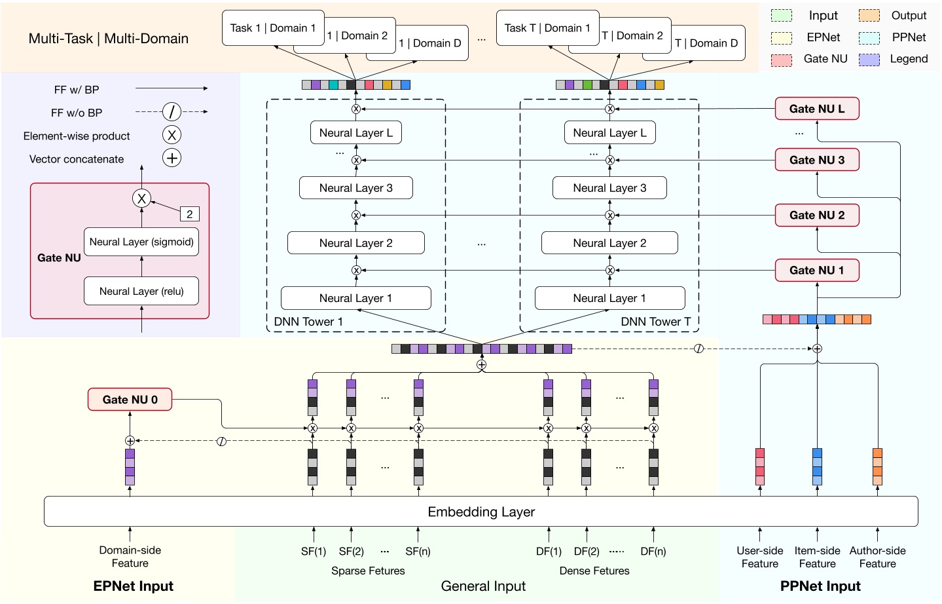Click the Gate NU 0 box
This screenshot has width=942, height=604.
pyautogui.click(x=130, y=400)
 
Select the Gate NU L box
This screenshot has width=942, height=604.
pyautogui.click(x=816, y=109)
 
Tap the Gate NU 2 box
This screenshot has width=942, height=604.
pyautogui.click(x=816, y=215)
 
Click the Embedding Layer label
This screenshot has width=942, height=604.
pyautogui.click(x=481, y=512)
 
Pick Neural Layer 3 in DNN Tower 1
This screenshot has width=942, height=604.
pyautogui.click(x=355, y=188)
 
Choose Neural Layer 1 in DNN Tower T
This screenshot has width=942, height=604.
pyautogui.click(x=609, y=298)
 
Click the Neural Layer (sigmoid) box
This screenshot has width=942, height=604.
pyautogui.click(x=141, y=242)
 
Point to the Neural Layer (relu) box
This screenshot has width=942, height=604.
pyautogui.click(x=141, y=292)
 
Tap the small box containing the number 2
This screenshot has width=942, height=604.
pyautogui.click(x=189, y=214)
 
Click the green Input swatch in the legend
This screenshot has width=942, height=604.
pyautogui.click(x=781, y=16)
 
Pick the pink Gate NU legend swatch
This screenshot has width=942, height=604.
pyautogui.click(x=781, y=60)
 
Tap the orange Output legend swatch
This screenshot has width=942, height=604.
pyautogui.click(x=869, y=16)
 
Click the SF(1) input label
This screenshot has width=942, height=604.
pyautogui.click(x=314, y=552)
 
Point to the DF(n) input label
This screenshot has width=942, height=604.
pyautogui.click(x=653, y=552)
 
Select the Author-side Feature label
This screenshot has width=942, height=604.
pyautogui.click(x=877, y=557)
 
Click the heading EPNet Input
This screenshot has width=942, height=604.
pyautogui.click(x=134, y=586)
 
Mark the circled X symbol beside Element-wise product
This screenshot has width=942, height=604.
pyautogui.click(x=172, y=136)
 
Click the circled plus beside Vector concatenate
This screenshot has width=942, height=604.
pyautogui.click(x=172, y=159)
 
